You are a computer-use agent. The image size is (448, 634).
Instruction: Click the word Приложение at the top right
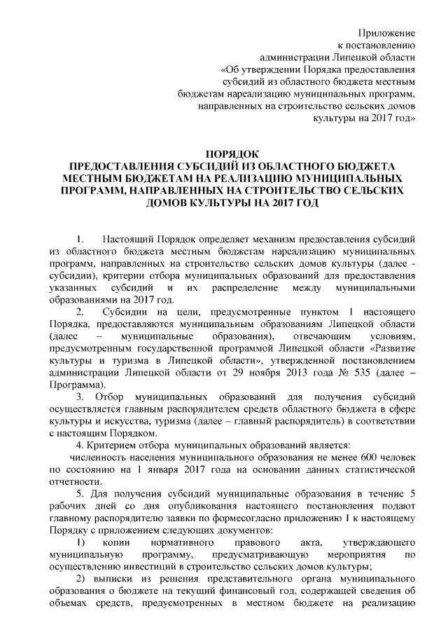click(x=386, y=33)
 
